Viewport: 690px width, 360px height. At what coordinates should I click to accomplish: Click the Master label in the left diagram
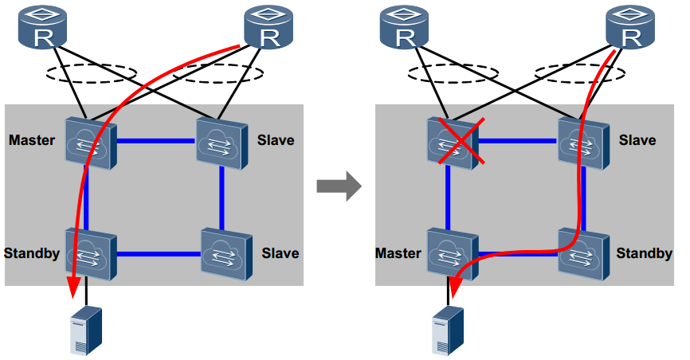pyautogui.click(x=32, y=141)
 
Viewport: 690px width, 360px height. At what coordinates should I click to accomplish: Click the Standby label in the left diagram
pyautogui.click(x=33, y=254)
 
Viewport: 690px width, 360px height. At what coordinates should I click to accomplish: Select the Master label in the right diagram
pyautogui.click(x=398, y=254)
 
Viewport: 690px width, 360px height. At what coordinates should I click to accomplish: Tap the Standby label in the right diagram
pyautogui.click(x=644, y=254)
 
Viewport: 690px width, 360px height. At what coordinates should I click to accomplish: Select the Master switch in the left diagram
pyautogui.click(x=90, y=142)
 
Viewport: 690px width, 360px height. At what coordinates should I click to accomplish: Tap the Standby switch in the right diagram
pyautogui.click(x=586, y=252)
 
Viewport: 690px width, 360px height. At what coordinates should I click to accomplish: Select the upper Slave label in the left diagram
pyautogui.click(x=276, y=141)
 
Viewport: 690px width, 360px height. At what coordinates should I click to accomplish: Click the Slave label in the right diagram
pyautogui.click(x=637, y=141)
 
